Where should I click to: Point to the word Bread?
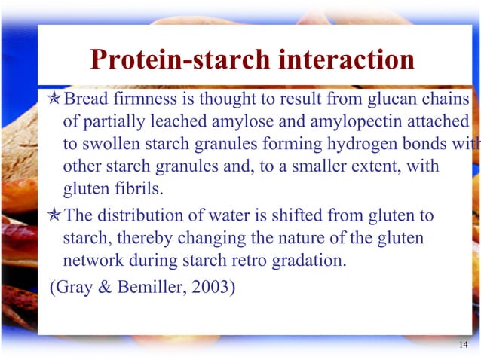coord(84,100)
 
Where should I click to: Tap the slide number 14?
coord(463,344)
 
